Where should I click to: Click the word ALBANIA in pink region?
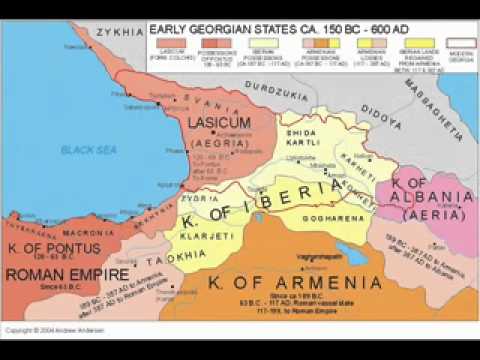pos(423,195)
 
